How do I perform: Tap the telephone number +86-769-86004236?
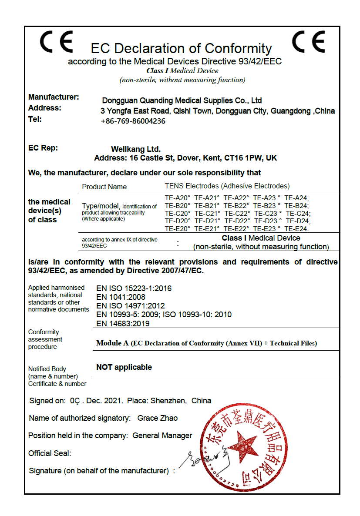pyautogui.click(x=133, y=121)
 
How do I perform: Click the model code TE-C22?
pyautogui.click(x=237, y=213)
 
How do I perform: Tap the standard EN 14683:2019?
pyautogui.click(x=123, y=323)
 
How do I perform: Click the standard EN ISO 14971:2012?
pyautogui.click(x=131, y=306)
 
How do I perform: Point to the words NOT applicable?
pyautogui.click(x=124, y=367)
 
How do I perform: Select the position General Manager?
pyautogui.click(x=162, y=436)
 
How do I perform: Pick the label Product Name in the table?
pyautogui.click(x=104, y=187)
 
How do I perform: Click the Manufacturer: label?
pyautogui.click(x=54, y=97)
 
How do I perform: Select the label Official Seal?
pyautogui.click(x=50, y=453)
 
